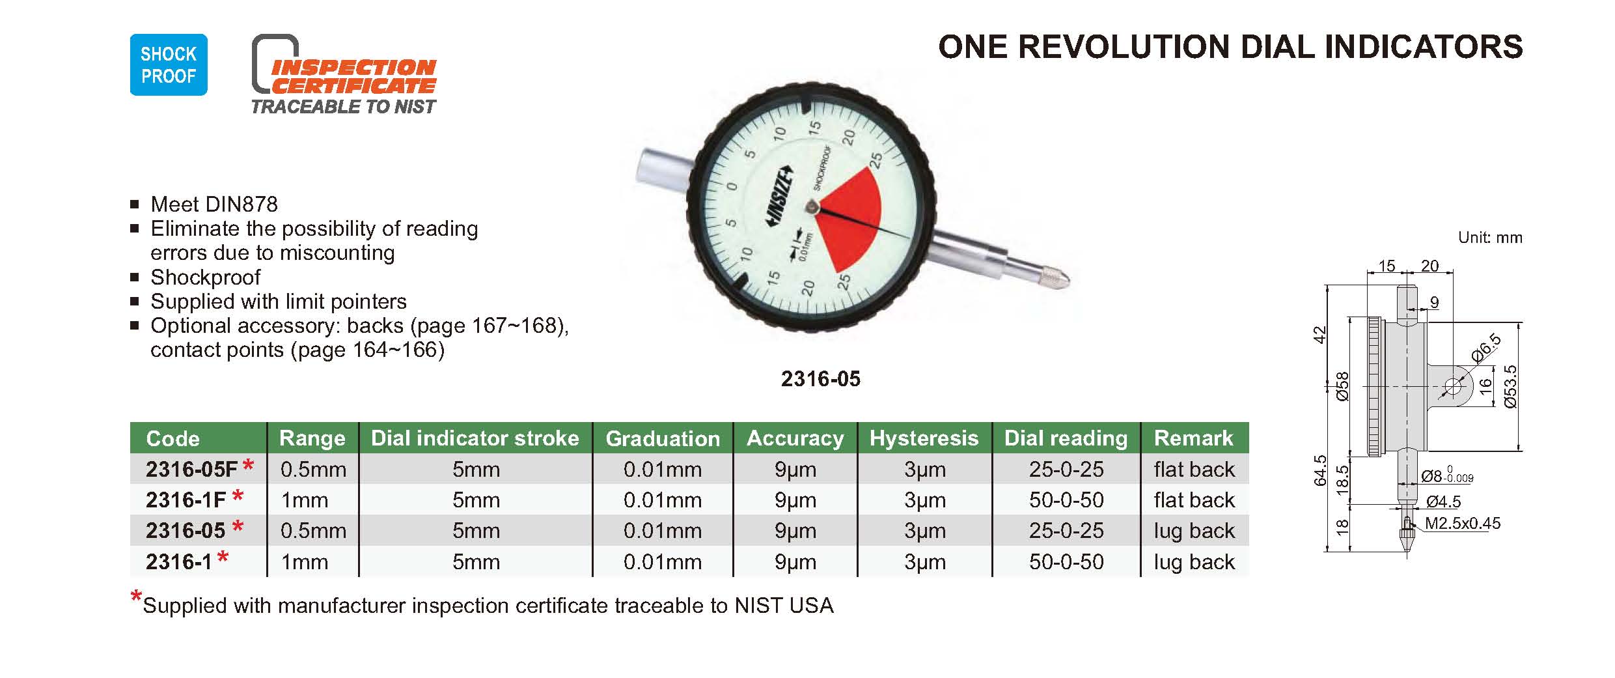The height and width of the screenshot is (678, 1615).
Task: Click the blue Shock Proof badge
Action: click(x=169, y=64)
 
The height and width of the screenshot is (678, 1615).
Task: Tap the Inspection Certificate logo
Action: click(x=344, y=74)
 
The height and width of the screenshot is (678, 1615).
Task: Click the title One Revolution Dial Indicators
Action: click(x=1230, y=47)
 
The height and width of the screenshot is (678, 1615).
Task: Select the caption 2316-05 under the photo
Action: click(x=820, y=379)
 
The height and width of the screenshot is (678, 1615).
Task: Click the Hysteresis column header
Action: click(x=924, y=438)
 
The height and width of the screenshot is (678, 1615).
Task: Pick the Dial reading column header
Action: click(x=1066, y=438)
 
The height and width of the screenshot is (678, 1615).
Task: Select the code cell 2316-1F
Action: click(x=186, y=500)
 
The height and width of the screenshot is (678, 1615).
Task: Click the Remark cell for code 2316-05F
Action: click(x=1194, y=469)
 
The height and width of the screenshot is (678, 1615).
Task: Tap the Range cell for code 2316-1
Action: click(x=304, y=561)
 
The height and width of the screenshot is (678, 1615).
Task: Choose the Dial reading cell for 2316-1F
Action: click(x=1066, y=500)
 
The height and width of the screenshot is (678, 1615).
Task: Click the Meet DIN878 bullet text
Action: click(x=214, y=205)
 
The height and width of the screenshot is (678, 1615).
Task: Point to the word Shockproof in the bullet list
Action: click(x=205, y=277)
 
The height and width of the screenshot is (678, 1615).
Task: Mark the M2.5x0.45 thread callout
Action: click(x=1463, y=524)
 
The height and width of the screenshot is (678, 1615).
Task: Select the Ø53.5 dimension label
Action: click(x=1511, y=387)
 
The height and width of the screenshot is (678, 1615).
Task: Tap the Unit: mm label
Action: click(x=1490, y=238)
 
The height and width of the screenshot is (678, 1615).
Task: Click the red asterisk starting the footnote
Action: click(x=136, y=597)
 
